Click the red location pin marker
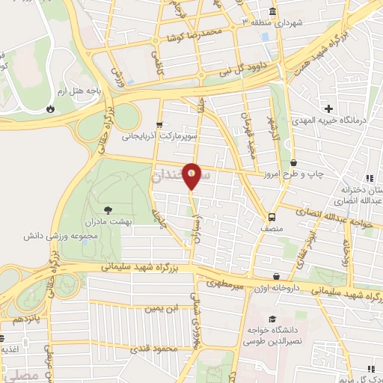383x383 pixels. point(191,177)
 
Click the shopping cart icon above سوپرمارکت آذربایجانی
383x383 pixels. point(158,125)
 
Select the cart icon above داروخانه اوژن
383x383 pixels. point(277,276)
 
